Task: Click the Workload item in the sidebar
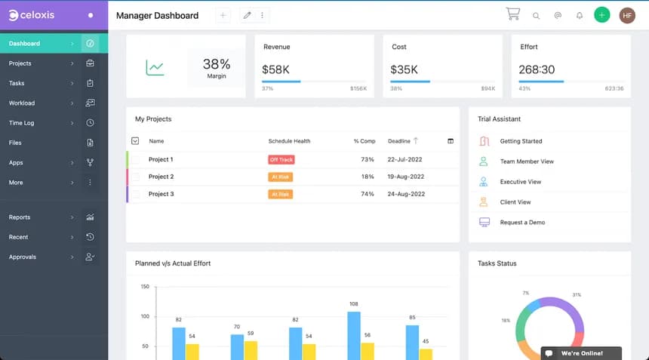[x=22, y=103]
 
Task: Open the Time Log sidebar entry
[x=22, y=122]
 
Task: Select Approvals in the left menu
[x=23, y=257]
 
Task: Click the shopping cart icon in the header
[x=513, y=14]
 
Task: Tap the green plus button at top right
[x=601, y=15]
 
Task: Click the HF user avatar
[x=627, y=15]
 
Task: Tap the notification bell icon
[x=580, y=15]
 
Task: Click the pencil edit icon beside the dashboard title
[x=247, y=15]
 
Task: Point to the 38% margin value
[x=217, y=65]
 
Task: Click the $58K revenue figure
[x=275, y=69]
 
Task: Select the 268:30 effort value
[x=537, y=69]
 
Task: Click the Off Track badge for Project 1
[x=281, y=160]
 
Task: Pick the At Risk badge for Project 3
[x=280, y=194]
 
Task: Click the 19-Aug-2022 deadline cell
[x=406, y=177]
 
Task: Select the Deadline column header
[x=399, y=141]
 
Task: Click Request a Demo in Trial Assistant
[x=522, y=223]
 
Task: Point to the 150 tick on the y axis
[x=144, y=287]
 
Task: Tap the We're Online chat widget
[x=581, y=353]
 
